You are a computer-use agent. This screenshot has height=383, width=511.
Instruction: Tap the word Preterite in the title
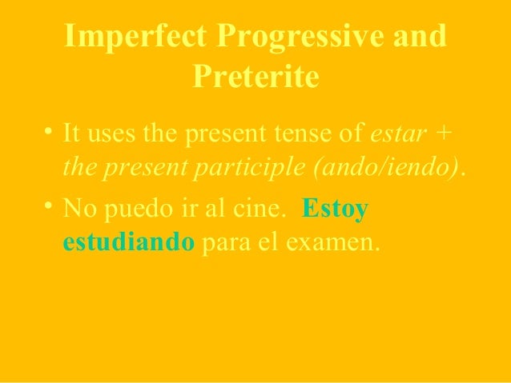[255, 78]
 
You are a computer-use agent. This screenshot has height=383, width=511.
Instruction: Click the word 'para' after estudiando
[225, 242]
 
